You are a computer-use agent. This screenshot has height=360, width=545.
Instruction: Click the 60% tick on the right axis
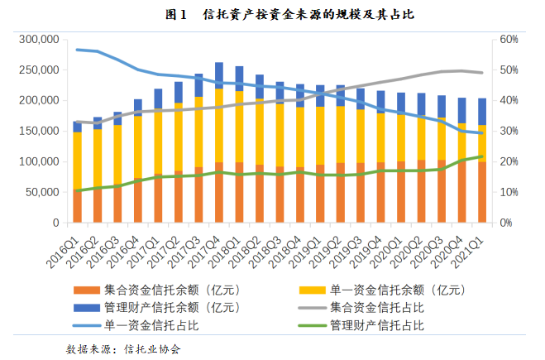pyautogui.click(x=508, y=40)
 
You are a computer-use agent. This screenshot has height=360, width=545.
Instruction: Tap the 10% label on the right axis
pyautogui.click(x=508, y=193)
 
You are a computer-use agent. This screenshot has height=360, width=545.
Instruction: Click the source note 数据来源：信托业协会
pyautogui.click(x=124, y=348)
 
